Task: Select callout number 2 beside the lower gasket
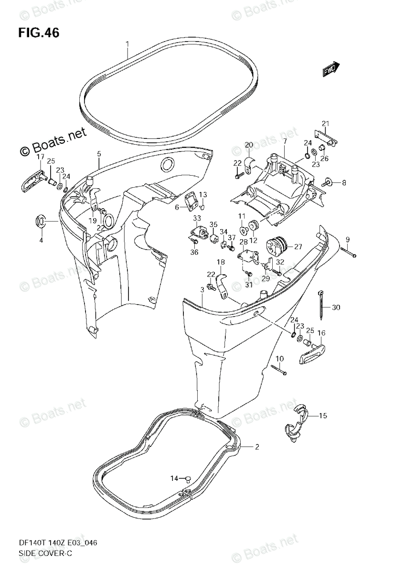click(256, 447)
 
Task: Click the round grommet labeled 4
click(41, 222)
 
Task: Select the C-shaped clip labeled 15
click(295, 420)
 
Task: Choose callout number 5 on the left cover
click(99, 153)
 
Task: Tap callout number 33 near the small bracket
click(197, 219)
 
